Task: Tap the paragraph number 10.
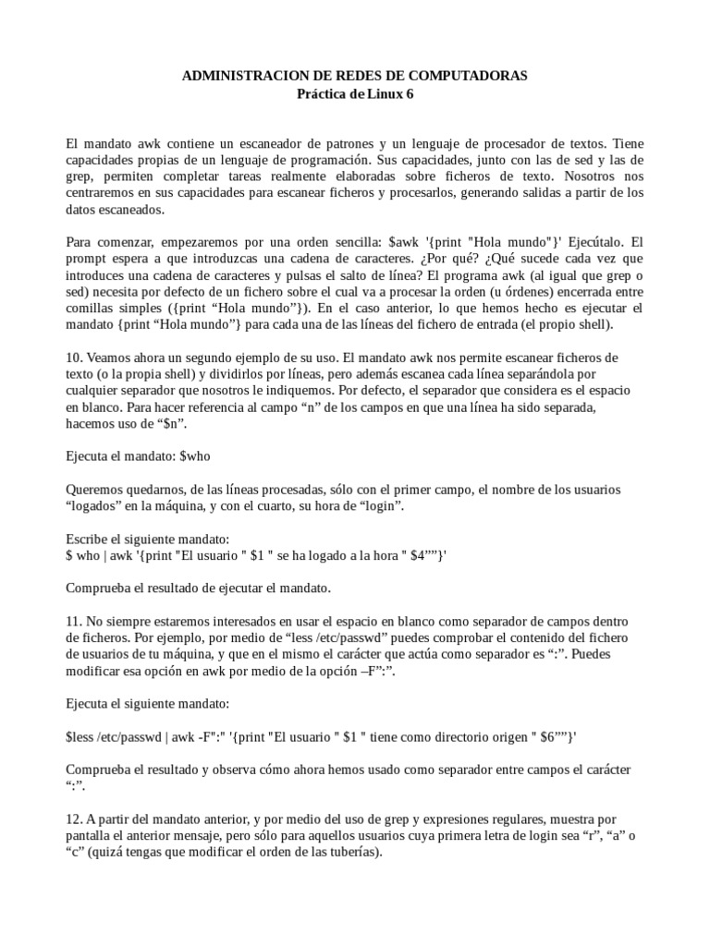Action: [x=74, y=358]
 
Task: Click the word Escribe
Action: [x=90, y=538]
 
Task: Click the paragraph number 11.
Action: [x=74, y=620]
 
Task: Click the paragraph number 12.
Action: [x=74, y=819]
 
